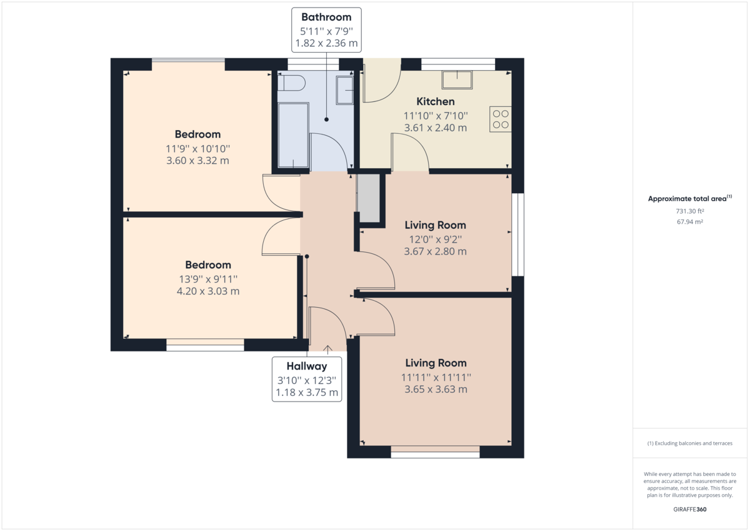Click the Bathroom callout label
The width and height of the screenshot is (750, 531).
[326, 18]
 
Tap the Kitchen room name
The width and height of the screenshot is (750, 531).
[436, 101]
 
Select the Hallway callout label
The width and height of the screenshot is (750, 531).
[307, 367]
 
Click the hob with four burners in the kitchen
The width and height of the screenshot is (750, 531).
[500, 119]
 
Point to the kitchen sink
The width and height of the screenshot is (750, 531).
[458, 79]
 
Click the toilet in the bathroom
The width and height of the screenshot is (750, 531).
[292, 83]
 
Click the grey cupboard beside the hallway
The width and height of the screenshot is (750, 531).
[369, 198]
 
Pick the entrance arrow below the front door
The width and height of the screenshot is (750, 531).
[327, 349]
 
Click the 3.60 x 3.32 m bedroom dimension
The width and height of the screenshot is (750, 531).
[197, 161]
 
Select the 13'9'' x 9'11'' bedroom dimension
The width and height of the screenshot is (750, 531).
[207, 278]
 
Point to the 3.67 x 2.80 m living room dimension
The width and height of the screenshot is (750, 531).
[435, 252]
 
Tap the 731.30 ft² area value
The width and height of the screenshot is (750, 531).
[689, 211]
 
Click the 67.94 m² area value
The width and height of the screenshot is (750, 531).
[689, 222]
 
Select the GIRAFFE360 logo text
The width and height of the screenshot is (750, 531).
[690, 509]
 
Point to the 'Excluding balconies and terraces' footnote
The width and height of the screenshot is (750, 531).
[689, 443]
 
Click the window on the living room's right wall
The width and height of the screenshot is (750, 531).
[517, 234]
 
